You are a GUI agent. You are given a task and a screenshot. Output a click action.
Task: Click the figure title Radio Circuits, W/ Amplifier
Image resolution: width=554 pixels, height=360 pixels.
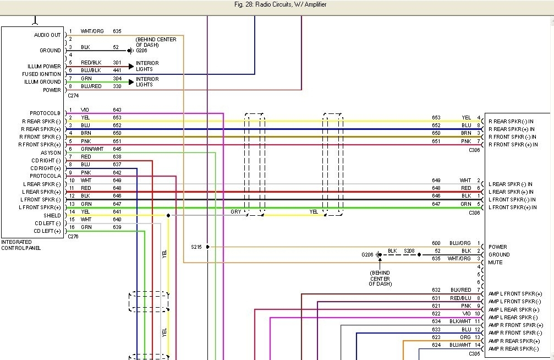[290, 4]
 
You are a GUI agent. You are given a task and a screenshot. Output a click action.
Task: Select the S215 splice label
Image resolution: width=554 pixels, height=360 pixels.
[196, 247]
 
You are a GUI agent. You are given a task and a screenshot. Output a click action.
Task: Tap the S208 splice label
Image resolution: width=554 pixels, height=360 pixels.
[409, 251]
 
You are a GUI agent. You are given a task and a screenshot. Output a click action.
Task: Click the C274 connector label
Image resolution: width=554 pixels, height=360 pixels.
[73, 95]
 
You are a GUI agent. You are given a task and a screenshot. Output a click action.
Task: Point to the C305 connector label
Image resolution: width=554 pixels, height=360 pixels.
[475, 353]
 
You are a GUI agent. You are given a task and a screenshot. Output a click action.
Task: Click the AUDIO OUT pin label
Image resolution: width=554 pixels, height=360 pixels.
[47, 35]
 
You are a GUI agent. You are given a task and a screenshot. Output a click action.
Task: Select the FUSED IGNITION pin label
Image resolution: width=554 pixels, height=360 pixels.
[41, 74]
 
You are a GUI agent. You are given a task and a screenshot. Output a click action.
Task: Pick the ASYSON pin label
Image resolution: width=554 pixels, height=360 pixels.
[51, 153]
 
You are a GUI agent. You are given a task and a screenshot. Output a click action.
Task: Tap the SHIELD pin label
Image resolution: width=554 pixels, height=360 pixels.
[52, 215]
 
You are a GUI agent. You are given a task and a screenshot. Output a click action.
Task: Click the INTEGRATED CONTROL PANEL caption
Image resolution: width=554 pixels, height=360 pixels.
[21, 245]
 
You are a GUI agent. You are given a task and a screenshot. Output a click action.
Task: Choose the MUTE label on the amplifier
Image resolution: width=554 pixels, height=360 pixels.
[495, 263]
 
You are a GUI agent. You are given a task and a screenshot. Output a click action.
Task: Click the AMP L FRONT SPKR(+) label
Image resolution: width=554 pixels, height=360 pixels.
[515, 294]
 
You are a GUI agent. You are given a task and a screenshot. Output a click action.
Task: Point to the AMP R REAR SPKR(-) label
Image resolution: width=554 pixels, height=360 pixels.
[513, 349]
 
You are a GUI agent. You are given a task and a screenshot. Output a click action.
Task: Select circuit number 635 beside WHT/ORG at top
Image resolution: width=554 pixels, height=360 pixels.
[117, 31]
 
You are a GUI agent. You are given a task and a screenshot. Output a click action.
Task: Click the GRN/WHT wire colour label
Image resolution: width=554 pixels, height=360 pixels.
[92, 149]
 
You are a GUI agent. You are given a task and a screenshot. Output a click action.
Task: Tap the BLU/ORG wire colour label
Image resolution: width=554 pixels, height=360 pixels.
[460, 243]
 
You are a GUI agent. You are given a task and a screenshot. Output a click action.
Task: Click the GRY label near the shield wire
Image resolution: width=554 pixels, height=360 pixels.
[235, 212]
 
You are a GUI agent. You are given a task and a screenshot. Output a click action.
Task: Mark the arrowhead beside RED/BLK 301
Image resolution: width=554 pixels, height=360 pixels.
[131, 66]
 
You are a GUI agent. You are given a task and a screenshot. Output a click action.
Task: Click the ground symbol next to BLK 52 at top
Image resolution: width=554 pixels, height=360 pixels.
[130, 51]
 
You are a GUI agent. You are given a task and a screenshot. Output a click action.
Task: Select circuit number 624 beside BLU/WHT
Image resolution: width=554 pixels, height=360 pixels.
[436, 345]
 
